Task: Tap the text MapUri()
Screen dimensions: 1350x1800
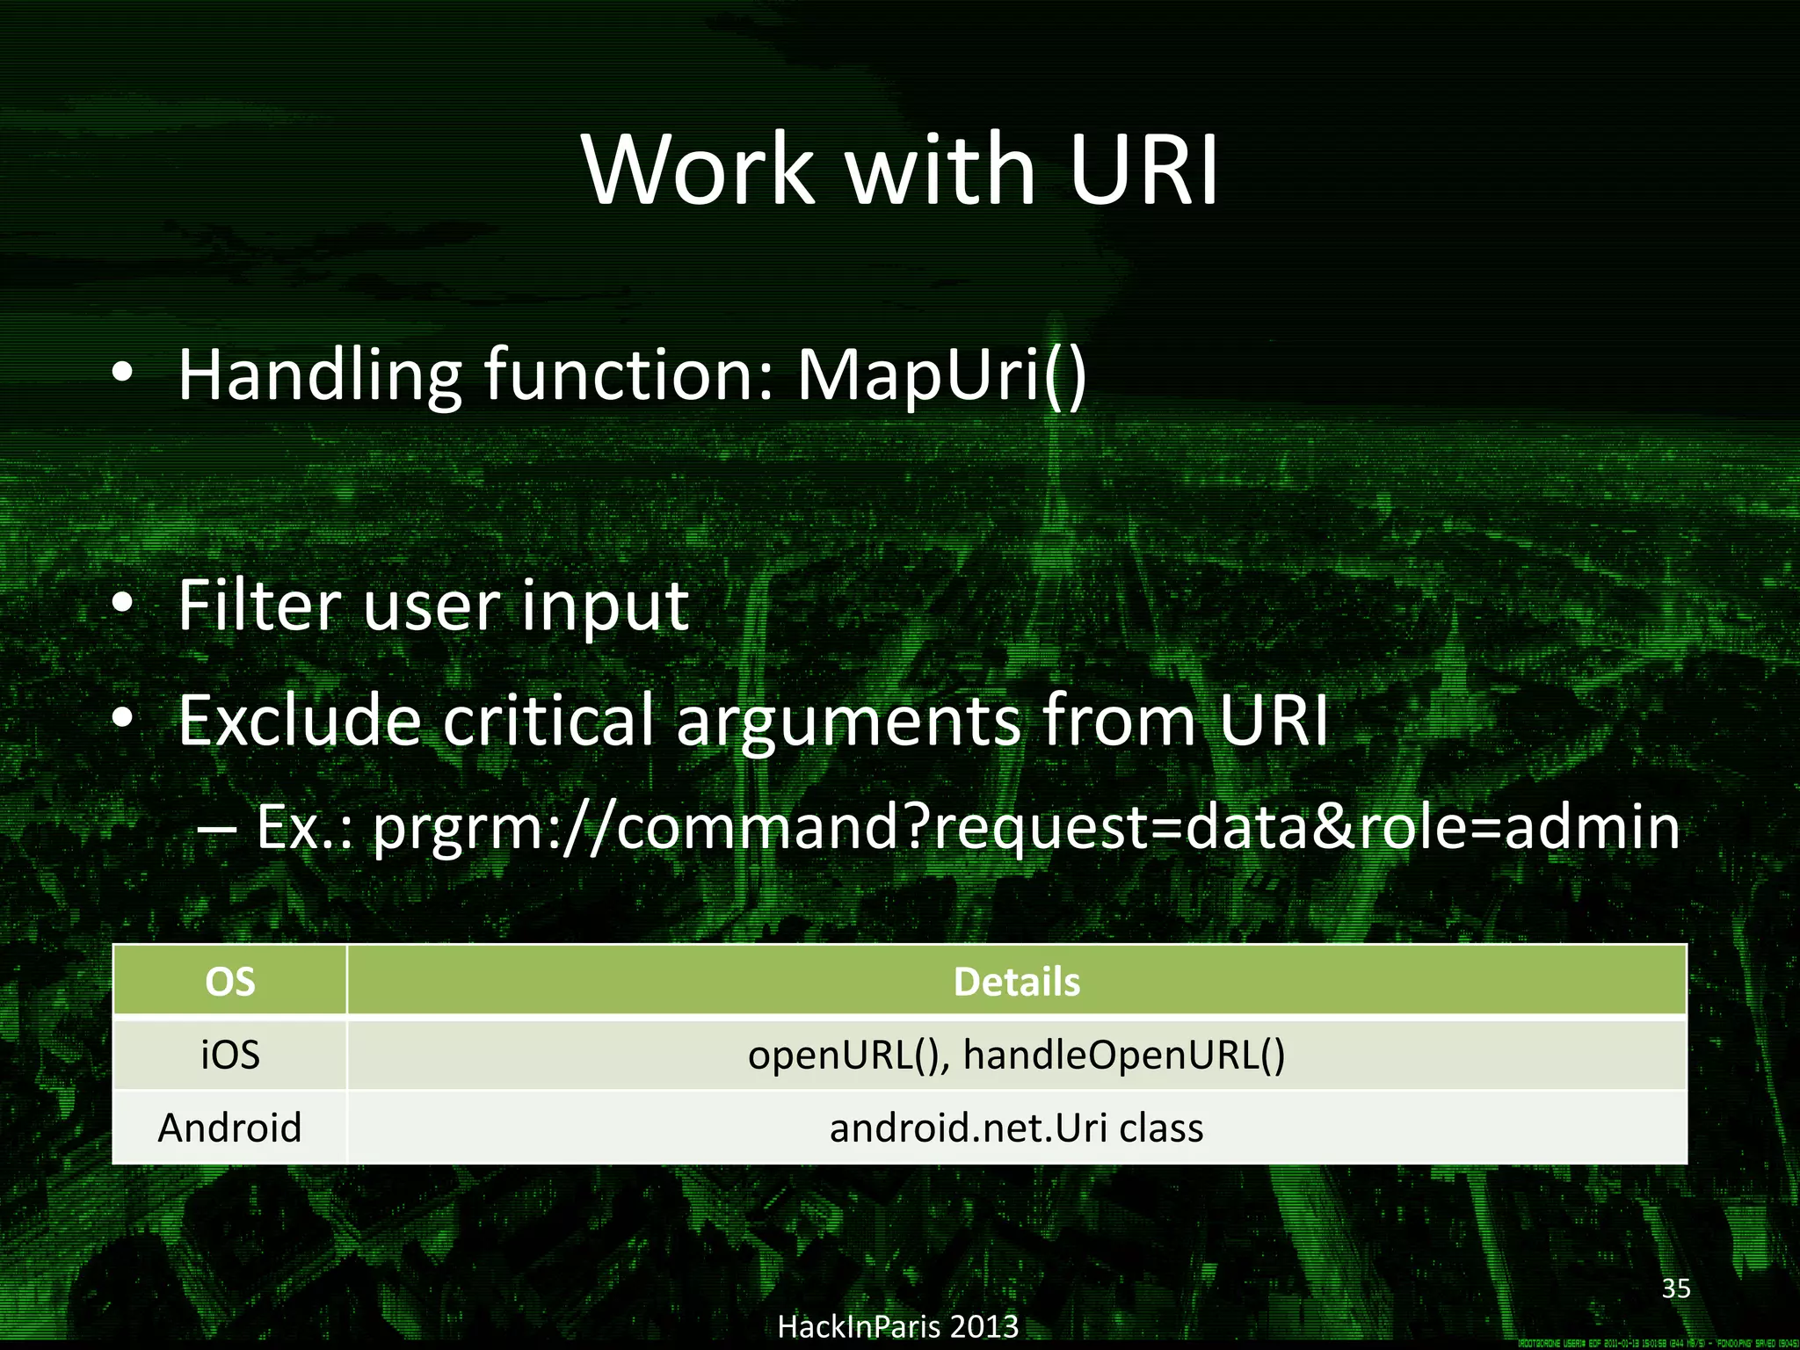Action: click(x=941, y=376)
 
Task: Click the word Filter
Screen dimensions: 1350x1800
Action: click(x=259, y=606)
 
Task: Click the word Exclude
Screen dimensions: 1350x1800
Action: click(x=299, y=720)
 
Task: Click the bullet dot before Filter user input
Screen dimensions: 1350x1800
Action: click(x=122, y=604)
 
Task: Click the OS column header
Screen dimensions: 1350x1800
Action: click(x=229, y=982)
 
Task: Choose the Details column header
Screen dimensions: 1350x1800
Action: click(x=1016, y=982)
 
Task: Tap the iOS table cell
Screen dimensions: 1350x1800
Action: click(x=229, y=1055)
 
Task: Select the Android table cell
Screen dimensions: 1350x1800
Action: click(x=229, y=1128)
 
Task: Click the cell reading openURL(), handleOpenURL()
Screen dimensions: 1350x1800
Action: click(x=1016, y=1055)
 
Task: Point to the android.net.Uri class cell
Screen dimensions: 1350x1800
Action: click(x=1016, y=1128)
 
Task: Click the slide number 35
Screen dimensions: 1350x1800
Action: click(x=1675, y=1288)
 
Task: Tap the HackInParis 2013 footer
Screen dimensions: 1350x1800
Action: click(x=898, y=1326)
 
